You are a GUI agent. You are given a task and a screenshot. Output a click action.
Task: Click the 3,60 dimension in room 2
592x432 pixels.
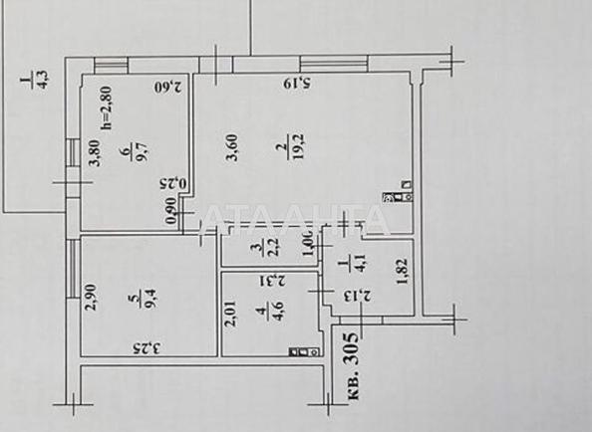[232, 157]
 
